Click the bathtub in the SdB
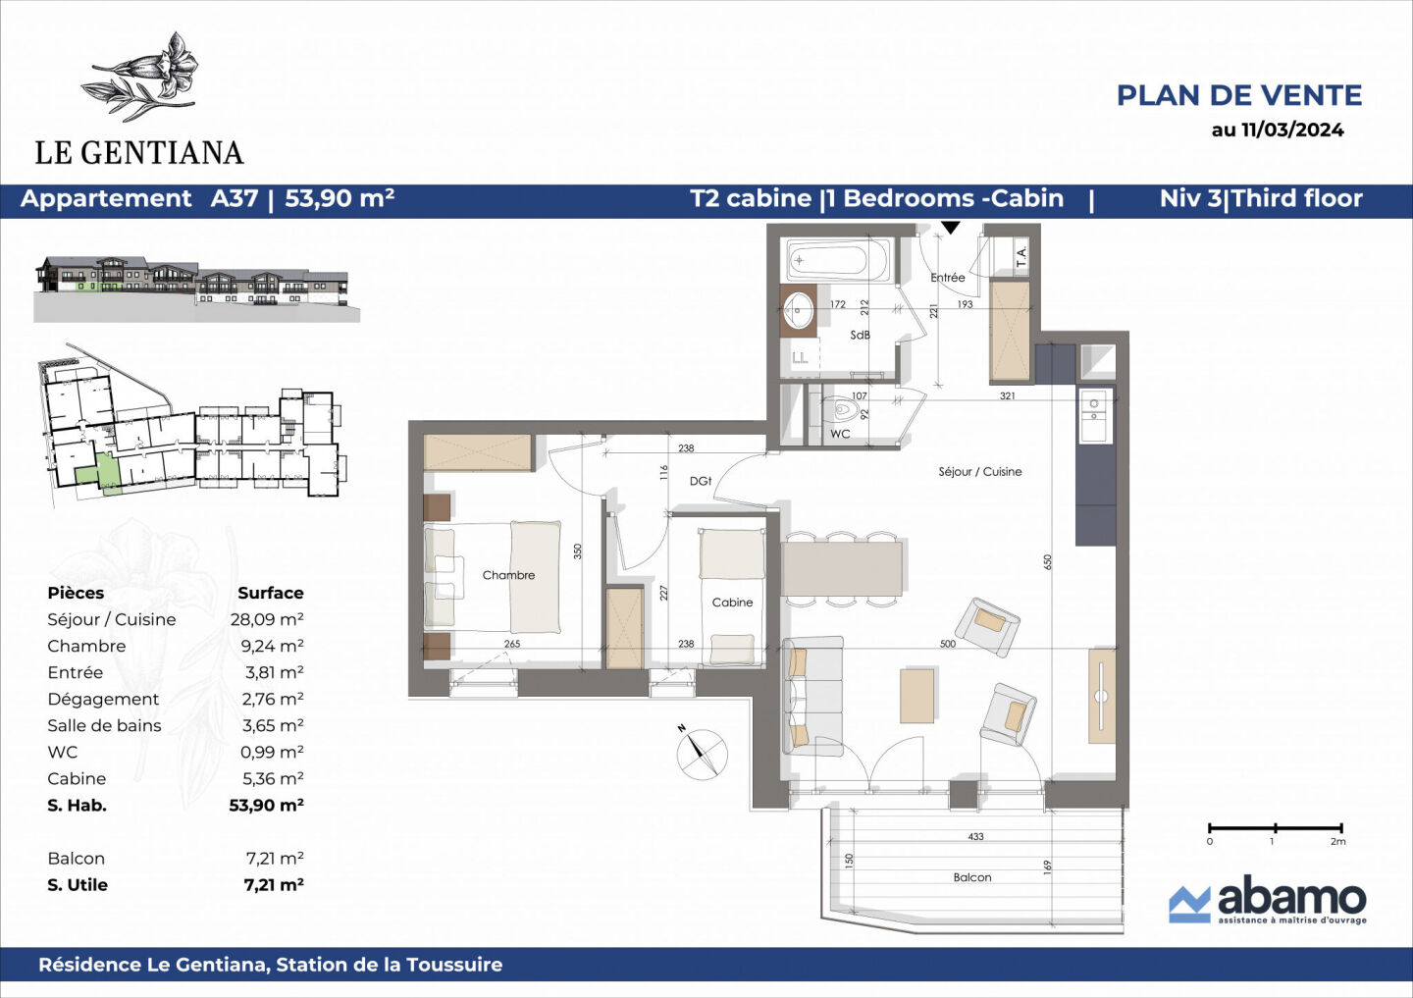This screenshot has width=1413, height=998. point(838,261)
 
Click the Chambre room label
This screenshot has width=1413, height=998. point(508,575)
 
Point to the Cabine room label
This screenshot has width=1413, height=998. point(732,603)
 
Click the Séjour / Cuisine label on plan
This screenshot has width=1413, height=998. point(979,472)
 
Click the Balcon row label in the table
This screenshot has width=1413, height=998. point(76,859)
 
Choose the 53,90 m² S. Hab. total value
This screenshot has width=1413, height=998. point(266,806)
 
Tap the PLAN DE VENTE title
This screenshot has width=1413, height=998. point(1238,95)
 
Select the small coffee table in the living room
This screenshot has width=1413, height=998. point(917,696)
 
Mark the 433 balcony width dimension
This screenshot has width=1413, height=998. point(974,837)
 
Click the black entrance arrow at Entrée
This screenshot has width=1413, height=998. point(950,229)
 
